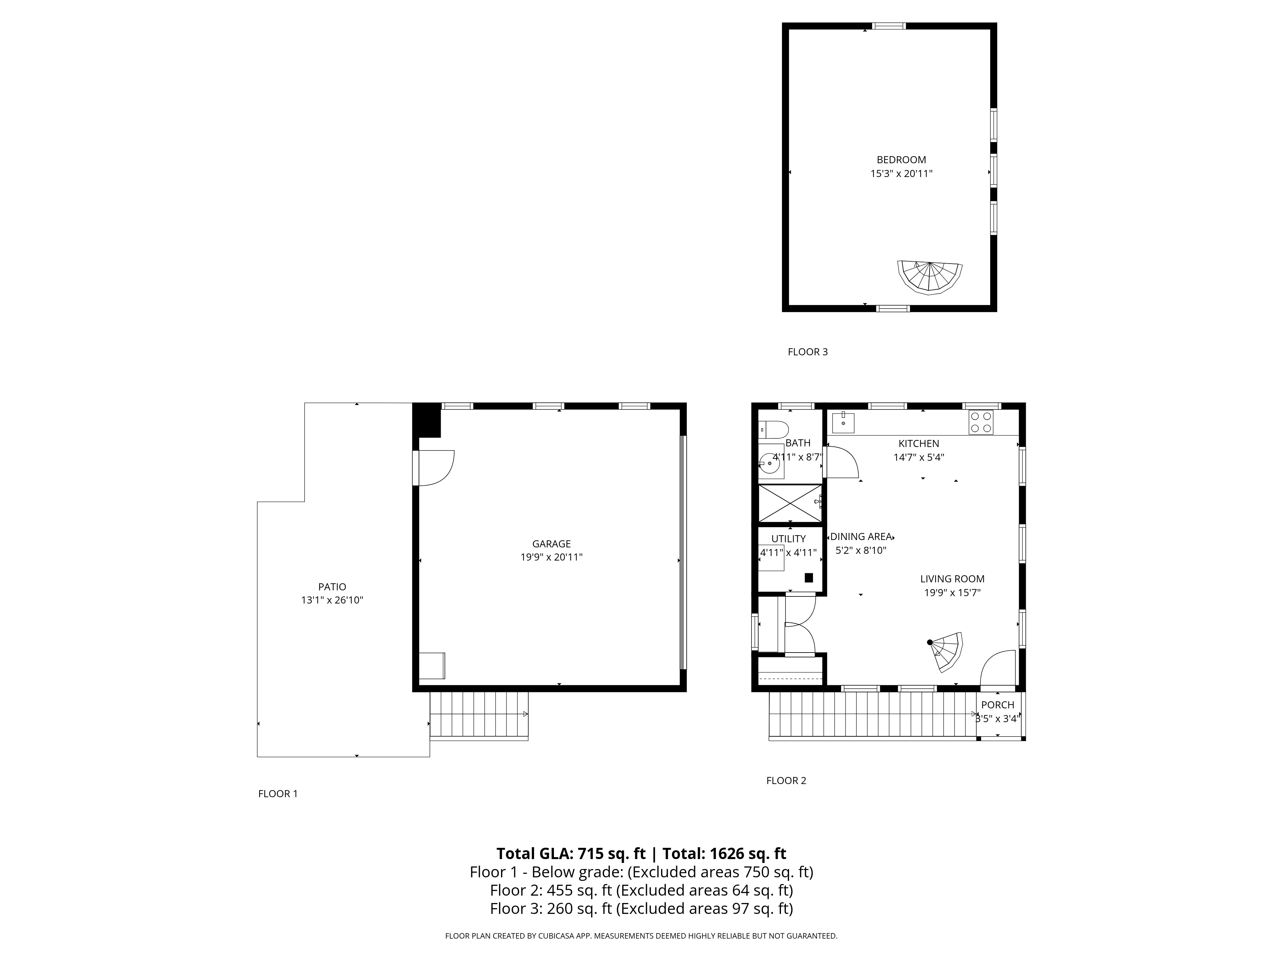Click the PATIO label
(x=332, y=587)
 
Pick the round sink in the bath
(x=771, y=463)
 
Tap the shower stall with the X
(x=790, y=503)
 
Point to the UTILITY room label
(x=788, y=539)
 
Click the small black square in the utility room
(x=809, y=578)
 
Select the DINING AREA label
(x=861, y=537)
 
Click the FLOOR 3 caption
(x=807, y=352)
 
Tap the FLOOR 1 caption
(x=278, y=794)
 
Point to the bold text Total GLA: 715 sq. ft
(x=571, y=854)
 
